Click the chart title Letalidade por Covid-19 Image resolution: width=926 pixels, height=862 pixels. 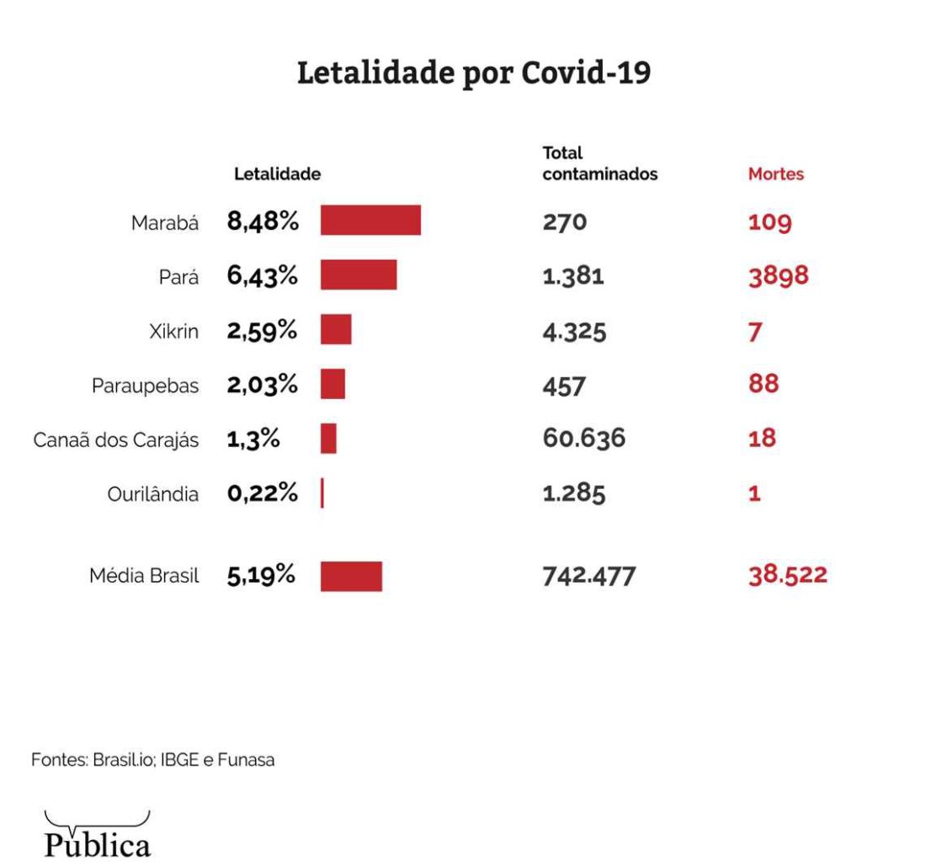pyautogui.click(x=474, y=73)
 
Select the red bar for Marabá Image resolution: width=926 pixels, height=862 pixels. pyautogui.click(x=370, y=221)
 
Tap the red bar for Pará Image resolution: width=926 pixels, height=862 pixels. pyautogui.click(x=359, y=275)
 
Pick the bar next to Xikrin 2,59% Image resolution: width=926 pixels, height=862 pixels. pyautogui.click(x=336, y=330)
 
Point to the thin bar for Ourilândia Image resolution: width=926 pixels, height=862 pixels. pyautogui.click(x=322, y=494)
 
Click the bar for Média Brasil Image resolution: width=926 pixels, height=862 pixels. pyautogui.click(x=351, y=577)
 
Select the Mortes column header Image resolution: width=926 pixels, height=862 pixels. pyautogui.click(x=776, y=175)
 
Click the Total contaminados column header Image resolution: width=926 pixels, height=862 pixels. pyautogui.click(x=599, y=165)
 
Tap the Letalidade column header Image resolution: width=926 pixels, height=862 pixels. pyautogui.click(x=277, y=175)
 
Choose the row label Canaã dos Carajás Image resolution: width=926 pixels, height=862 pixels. pyautogui.click(x=116, y=440)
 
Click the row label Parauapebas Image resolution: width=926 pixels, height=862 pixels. pyautogui.click(x=146, y=386)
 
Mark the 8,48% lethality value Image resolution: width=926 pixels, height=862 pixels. pyautogui.click(x=263, y=222)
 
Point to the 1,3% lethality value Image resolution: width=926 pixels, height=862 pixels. pyautogui.click(x=253, y=439)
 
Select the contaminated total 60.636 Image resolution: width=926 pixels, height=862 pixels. pyautogui.click(x=584, y=439)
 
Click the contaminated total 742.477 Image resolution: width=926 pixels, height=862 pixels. pyautogui.click(x=589, y=577)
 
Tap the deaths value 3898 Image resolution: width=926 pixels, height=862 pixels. pyautogui.click(x=779, y=276)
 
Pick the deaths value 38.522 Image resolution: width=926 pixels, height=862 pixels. pyautogui.click(x=788, y=576)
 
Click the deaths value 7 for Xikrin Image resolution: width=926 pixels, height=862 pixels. pyautogui.click(x=755, y=332)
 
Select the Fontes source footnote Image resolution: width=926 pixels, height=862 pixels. pyautogui.click(x=153, y=760)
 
